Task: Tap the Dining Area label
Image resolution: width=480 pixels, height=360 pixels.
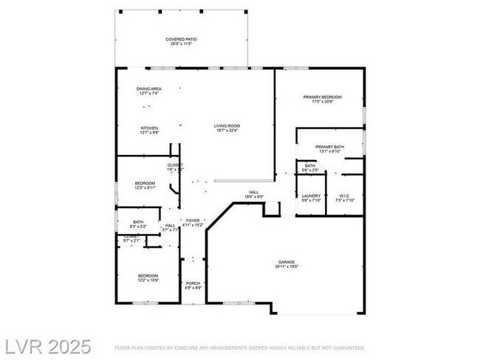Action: [149, 89]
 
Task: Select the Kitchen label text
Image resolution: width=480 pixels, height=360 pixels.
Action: [149, 128]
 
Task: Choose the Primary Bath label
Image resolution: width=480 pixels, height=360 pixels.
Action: [329, 147]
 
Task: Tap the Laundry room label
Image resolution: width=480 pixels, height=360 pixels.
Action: [311, 195]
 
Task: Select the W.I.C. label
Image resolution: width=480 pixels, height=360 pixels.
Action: [346, 195]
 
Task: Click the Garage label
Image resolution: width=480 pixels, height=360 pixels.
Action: [287, 262]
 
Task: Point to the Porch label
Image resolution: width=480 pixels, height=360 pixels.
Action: [193, 283]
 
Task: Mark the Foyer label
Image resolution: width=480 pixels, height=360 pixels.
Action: [193, 221]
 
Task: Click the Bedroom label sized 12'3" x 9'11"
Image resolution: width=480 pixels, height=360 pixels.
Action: [145, 183]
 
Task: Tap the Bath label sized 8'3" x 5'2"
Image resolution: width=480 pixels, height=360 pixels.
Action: [138, 221]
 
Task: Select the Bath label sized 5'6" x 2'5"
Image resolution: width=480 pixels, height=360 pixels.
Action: [311, 166]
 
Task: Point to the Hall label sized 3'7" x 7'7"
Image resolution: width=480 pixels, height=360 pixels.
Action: [171, 226]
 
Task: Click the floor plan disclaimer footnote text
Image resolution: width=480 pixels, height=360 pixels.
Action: [239, 347]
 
